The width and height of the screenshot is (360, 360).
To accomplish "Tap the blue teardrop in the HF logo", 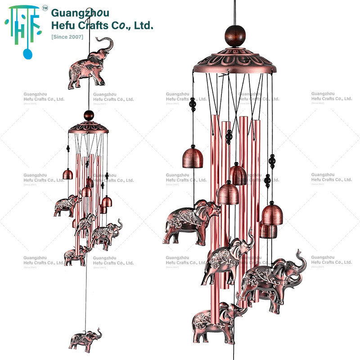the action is tap(28, 54).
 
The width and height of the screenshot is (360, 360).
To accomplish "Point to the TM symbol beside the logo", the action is tap(45, 8).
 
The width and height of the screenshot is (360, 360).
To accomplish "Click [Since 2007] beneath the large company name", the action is tap(67, 36).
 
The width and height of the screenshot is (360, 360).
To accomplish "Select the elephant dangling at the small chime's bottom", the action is tap(85, 341).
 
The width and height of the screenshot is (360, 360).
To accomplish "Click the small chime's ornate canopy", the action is tap(89, 127).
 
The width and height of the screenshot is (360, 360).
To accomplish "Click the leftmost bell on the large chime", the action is tap(193, 157).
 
